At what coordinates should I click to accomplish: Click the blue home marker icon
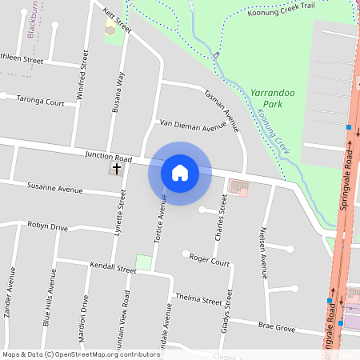click(179, 173)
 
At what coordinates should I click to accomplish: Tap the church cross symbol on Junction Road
click(117, 169)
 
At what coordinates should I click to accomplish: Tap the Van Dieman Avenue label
click(193, 126)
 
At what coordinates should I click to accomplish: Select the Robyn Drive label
click(48, 226)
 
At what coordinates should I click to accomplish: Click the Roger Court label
click(210, 262)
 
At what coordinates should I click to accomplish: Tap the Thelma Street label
click(199, 299)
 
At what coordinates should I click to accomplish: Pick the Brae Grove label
click(276, 326)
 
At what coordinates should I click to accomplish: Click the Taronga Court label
click(41, 102)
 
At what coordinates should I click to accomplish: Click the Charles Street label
click(222, 216)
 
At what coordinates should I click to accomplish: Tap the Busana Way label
click(118, 91)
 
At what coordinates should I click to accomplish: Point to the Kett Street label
click(117, 21)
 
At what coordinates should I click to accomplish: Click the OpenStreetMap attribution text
click(80, 354)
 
